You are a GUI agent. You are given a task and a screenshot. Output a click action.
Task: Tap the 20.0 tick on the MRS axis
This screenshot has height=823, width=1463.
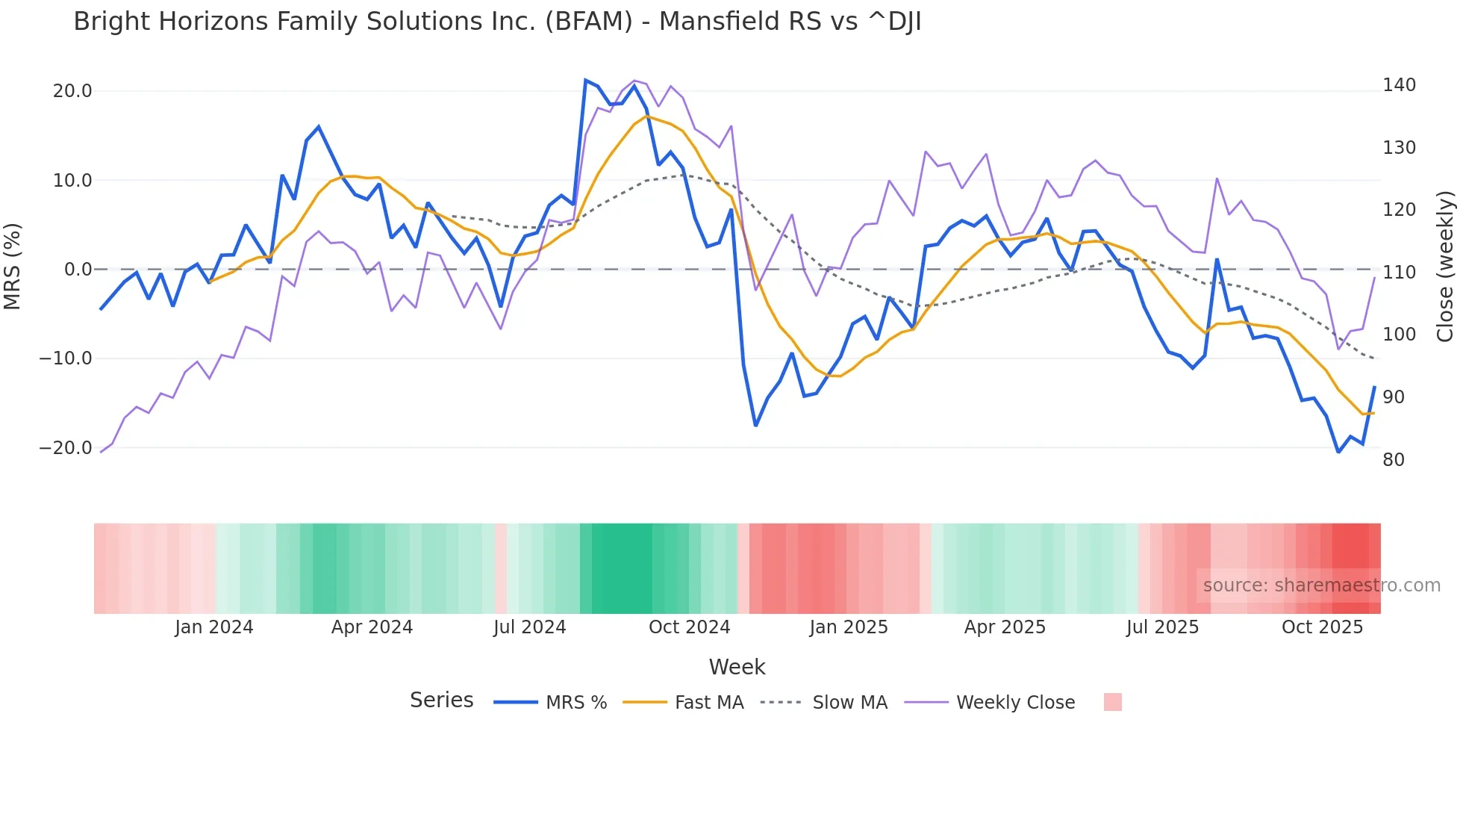[72, 91]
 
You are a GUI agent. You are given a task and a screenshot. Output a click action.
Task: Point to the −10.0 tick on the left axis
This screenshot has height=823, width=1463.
[66, 358]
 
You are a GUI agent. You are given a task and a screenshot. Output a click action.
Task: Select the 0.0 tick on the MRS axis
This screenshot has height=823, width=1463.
[78, 270]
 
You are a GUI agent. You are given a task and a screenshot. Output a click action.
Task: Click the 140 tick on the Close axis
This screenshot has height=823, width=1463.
[1399, 85]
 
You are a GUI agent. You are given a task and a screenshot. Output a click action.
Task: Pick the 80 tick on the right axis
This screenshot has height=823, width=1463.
[1394, 460]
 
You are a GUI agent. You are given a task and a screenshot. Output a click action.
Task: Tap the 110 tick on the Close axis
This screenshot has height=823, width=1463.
[1399, 273]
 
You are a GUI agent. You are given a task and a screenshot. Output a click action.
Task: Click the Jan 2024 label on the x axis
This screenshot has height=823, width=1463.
[214, 627]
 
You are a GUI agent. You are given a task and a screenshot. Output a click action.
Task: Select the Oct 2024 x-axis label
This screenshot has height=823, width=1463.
[689, 627]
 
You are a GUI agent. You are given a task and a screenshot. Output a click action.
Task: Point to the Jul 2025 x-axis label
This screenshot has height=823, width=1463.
[1162, 627]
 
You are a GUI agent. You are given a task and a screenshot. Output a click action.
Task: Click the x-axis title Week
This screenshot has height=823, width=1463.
[737, 667]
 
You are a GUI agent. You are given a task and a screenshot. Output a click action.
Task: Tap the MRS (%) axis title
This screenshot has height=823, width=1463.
[13, 267]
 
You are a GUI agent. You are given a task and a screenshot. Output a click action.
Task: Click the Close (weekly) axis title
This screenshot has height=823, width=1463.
[1445, 267]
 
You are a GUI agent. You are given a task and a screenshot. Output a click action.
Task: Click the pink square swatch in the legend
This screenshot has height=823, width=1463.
[1112, 702]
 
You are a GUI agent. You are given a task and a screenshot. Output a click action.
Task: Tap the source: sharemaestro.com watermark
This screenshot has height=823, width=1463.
[1321, 586]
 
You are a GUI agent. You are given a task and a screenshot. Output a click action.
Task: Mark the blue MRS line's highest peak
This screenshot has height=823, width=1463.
[586, 80]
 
